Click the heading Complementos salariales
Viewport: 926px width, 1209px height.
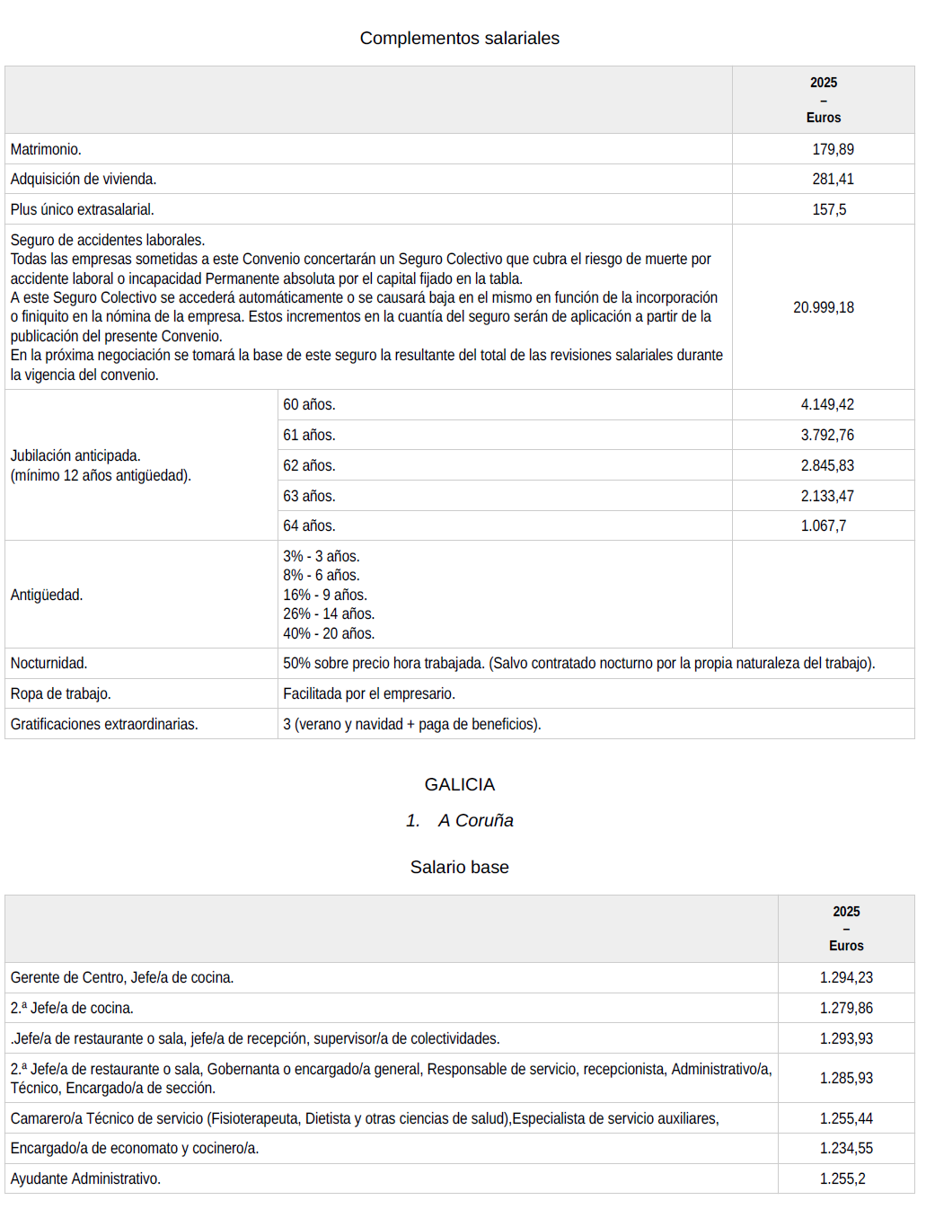[459, 39]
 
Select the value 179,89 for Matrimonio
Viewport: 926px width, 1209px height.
[833, 149]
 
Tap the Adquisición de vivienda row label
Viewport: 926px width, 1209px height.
[84, 179]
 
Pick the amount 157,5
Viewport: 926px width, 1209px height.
[829, 209]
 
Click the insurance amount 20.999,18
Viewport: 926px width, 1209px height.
[823, 307]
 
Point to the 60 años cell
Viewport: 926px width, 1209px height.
[309, 404]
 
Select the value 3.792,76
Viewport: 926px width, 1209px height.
[827, 435]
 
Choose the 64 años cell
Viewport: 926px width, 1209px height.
[309, 525]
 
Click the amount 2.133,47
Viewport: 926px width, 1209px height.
[827, 496]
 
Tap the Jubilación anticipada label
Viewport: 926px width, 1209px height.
[75, 455]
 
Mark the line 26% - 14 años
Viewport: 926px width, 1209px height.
[329, 613]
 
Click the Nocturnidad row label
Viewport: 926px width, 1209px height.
[49, 663]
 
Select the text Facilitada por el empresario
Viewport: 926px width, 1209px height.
[369, 693]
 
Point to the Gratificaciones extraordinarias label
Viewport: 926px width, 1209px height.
[104, 724]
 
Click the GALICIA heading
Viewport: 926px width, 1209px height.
[459, 784]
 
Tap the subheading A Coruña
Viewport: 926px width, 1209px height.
[475, 820]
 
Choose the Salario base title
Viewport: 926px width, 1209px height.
[459, 867]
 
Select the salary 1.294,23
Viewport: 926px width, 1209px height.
[846, 977]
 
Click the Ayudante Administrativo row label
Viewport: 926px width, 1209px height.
[85, 1178]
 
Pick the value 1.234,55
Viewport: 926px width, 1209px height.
[846, 1148]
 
